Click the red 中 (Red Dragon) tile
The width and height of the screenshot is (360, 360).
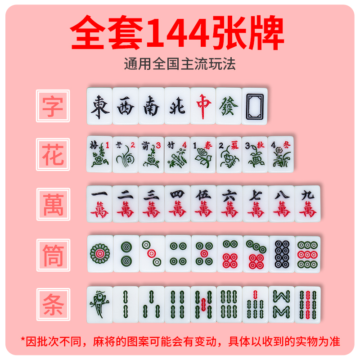pos(203,106)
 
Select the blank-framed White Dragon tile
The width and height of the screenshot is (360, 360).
pos(255,106)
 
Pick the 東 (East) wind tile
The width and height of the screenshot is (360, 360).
pos(99,106)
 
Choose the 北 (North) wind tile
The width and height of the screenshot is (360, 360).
pos(177,106)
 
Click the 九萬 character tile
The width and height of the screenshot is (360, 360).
pos(308,203)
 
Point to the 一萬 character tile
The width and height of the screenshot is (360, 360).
pos(99,203)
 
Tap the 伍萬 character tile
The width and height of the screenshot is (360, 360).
pos(203,203)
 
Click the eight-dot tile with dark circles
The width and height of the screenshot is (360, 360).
pos(282,254)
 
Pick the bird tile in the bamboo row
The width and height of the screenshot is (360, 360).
pos(99,304)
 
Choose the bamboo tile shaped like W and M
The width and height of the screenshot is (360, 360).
pos(282,304)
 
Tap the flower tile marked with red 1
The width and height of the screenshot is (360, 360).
pos(99,154)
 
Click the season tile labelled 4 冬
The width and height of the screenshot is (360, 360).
pos(281,154)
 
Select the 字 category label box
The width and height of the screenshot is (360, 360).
pos(53,106)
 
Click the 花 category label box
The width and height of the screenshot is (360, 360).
pos(53,155)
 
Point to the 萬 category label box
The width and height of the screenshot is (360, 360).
pos(53,204)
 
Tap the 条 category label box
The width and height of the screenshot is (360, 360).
pos(53,304)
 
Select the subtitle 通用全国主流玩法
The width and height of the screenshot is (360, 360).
pos(180,63)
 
